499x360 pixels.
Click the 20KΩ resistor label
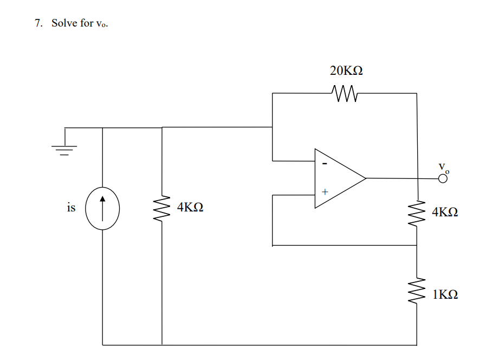pos(346,71)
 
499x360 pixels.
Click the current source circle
pos(102,208)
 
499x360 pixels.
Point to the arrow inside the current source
pos(102,206)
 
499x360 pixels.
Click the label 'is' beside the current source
pos(71,208)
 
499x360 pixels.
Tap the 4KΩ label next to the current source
pos(190,207)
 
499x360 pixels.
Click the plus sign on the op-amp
pos(325,192)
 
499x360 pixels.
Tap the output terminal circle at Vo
pos(443,178)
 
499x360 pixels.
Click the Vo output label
pos(444,167)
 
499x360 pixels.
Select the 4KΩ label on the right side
pos(445,212)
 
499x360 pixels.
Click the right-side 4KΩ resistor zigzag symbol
pos(417,214)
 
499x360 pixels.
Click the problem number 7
pos(38,23)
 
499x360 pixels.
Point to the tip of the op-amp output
pos(366,178)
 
